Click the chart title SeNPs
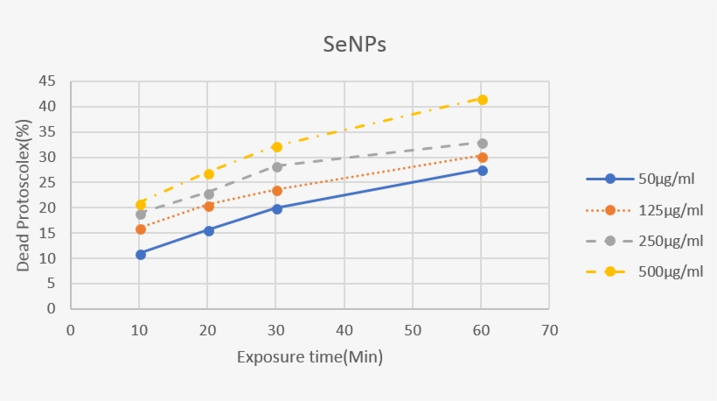point(352,45)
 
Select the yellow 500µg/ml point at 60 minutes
point(482,100)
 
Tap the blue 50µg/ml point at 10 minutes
point(140,254)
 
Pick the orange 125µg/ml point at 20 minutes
point(209,207)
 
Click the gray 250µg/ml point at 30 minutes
point(277,166)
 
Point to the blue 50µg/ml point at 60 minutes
point(482,170)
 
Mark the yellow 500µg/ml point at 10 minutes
point(140,204)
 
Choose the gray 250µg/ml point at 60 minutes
point(482,144)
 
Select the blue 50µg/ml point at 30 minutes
point(277,208)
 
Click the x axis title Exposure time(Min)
point(310,357)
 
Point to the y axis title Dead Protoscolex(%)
point(24,195)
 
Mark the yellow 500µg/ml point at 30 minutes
point(277,147)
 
